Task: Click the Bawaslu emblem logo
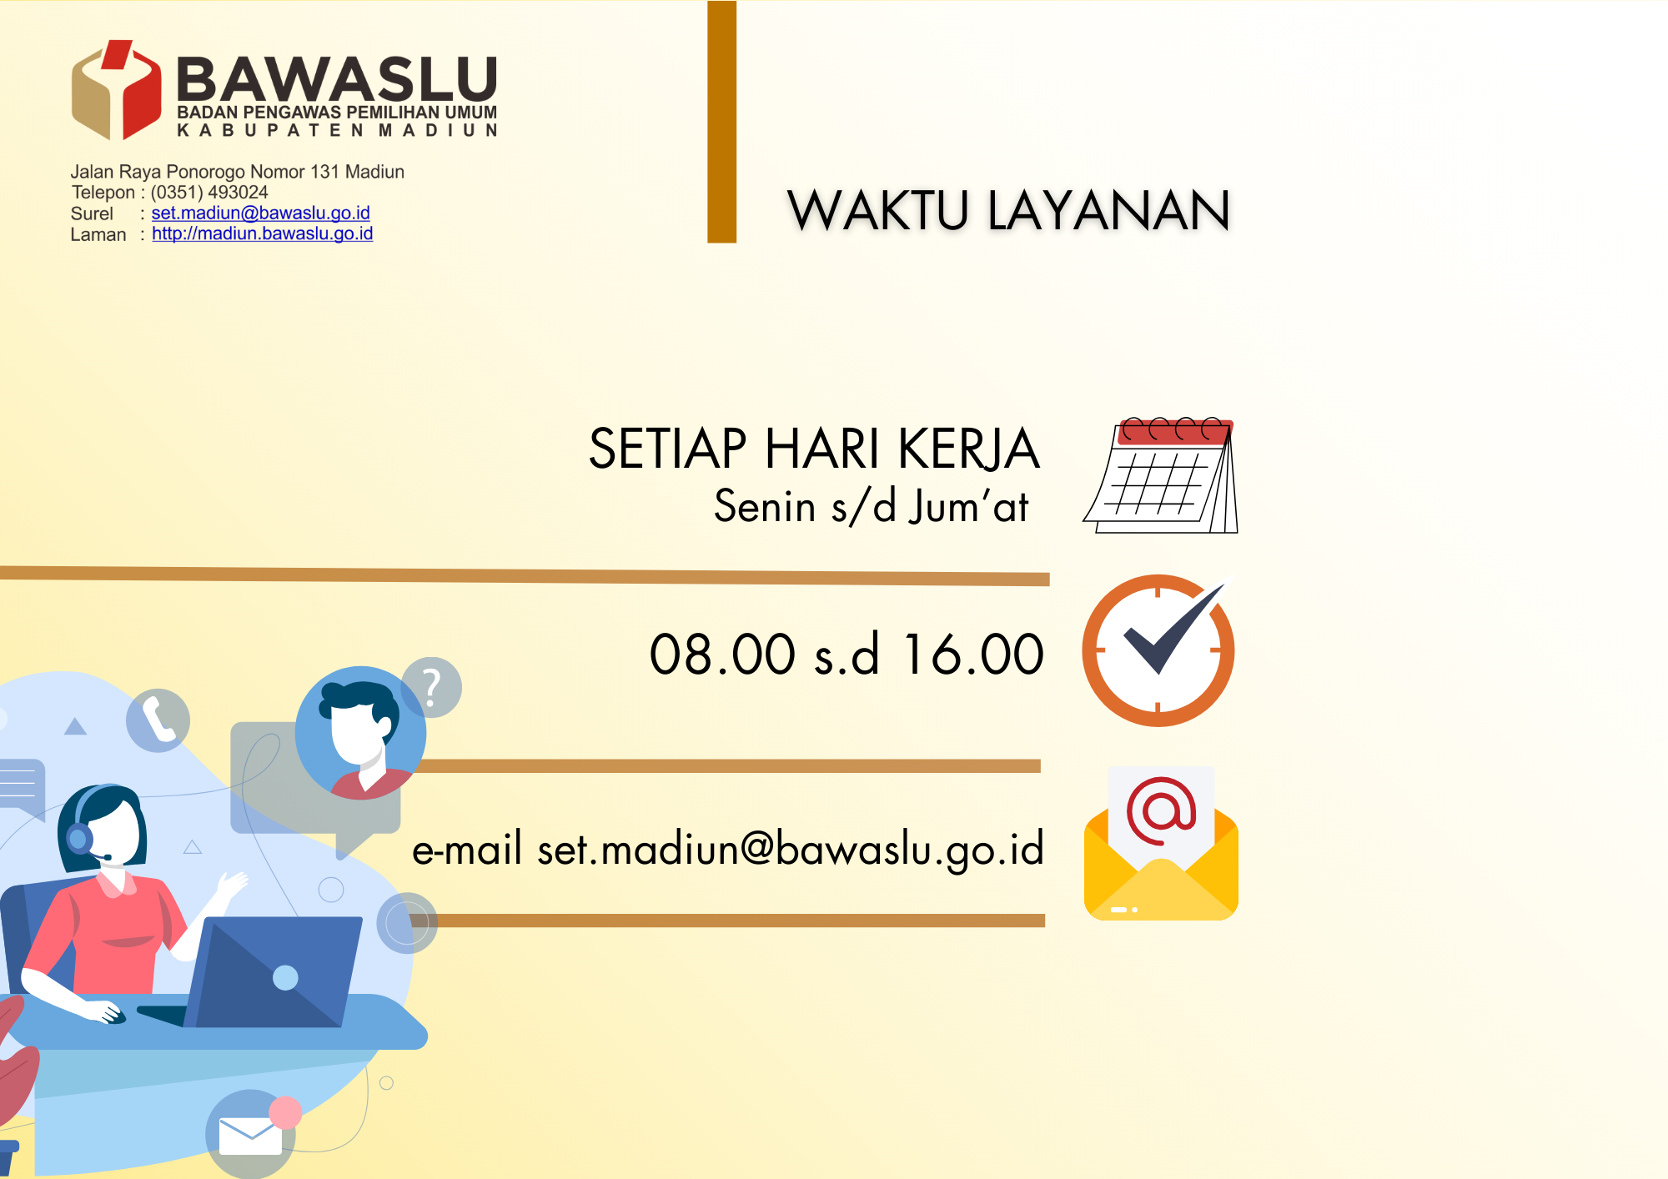pyautogui.click(x=117, y=89)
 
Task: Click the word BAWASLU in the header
pyautogui.click(x=337, y=80)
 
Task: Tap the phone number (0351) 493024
pyautogui.click(x=209, y=193)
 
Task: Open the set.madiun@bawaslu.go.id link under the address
pyautogui.click(x=260, y=213)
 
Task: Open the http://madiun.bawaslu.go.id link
pyautogui.click(x=262, y=234)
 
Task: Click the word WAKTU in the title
pyautogui.click(x=878, y=210)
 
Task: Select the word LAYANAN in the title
pyautogui.click(x=1109, y=210)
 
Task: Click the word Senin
pyautogui.click(x=765, y=506)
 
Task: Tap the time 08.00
pyautogui.click(x=722, y=654)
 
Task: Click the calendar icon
pyautogui.click(x=1161, y=475)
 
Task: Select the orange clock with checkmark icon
pyautogui.click(x=1158, y=650)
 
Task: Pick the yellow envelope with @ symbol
pyautogui.click(x=1161, y=843)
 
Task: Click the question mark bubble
pyautogui.click(x=431, y=688)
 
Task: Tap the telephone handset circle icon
pyautogui.click(x=158, y=720)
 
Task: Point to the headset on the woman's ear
pyautogui.click(x=80, y=837)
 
